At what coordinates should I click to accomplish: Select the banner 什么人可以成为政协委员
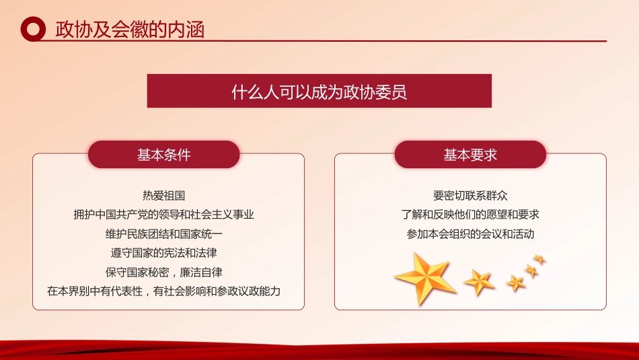pyautogui.click(x=319, y=91)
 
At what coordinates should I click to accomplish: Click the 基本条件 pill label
pyautogui.click(x=164, y=155)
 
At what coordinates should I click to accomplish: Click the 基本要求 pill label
pyautogui.click(x=470, y=155)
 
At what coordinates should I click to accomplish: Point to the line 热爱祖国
pyautogui.click(x=164, y=196)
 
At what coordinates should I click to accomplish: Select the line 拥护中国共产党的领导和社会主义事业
pyautogui.click(x=164, y=215)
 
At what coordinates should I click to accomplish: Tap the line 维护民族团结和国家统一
pyautogui.click(x=164, y=234)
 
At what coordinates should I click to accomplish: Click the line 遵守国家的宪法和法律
pyautogui.click(x=164, y=254)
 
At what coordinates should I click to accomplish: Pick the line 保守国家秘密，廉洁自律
pyautogui.click(x=164, y=273)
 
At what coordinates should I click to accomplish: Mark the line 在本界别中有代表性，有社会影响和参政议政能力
pyautogui.click(x=164, y=292)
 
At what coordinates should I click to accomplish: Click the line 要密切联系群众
pyautogui.click(x=470, y=196)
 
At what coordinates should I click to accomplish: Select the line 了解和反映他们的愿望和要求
pyautogui.click(x=470, y=215)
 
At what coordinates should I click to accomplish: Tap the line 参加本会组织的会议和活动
pyautogui.click(x=470, y=234)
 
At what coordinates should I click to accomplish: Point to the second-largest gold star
pyautogui.click(x=479, y=281)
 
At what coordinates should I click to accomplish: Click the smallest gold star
pyautogui.click(x=539, y=258)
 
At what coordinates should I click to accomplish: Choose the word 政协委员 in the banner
pyautogui.click(x=385, y=91)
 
